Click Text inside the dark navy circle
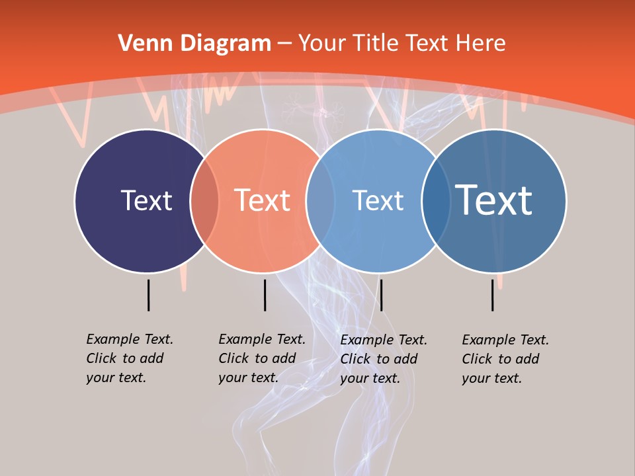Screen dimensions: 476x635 click(146, 200)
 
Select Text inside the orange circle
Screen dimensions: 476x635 click(263, 200)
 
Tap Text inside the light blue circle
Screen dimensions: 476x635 click(378, 200)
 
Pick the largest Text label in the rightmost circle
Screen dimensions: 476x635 click(494, 200)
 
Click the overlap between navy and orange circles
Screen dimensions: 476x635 click(204, 200)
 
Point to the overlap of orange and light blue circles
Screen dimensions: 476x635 click(320, 200)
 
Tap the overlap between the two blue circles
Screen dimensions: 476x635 click(435, 200)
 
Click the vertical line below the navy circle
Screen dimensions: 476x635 click(148, 295)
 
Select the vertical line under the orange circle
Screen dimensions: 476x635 click(265, 295)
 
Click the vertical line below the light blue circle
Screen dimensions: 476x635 click(381, 295)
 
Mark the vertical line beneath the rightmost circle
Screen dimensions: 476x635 click(492, 295)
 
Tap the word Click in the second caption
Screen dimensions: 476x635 click(233, 358)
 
